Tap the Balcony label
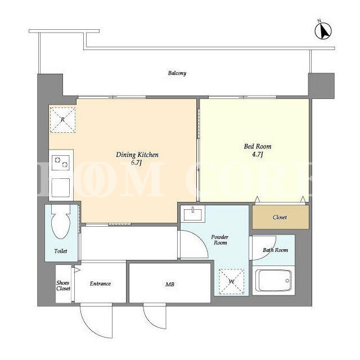177,73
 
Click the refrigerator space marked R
62,120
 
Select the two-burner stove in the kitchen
61,163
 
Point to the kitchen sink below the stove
61,187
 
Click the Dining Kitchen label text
137,155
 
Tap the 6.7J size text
136,163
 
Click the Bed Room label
258,146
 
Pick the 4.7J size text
258,154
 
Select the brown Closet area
281,217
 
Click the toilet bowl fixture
61,222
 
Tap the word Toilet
61,251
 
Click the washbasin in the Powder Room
192,214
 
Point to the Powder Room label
220,240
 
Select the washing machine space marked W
231,281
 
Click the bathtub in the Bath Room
273,281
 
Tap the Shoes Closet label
63,286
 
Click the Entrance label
100,283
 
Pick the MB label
170,285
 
